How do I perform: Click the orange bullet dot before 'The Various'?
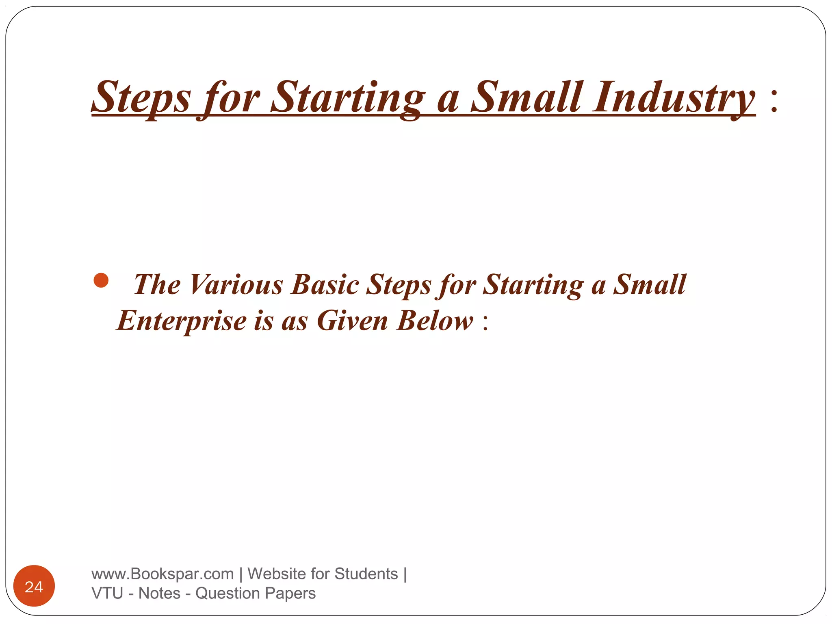click(x=101, y=280)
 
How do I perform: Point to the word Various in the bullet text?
click(x=236, y=284)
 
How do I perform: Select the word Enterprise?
click(x=182, y=321)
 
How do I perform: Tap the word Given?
click(x=352, y=321)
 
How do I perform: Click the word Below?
click(x=435, y=321)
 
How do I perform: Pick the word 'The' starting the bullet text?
click(x=157, y=284)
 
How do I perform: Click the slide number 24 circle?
click(x=34, y=586)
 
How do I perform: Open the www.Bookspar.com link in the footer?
click(x=162, y=574)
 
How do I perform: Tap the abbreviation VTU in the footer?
click(x=107, y=594)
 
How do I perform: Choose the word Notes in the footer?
click(x=159, y=594)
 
